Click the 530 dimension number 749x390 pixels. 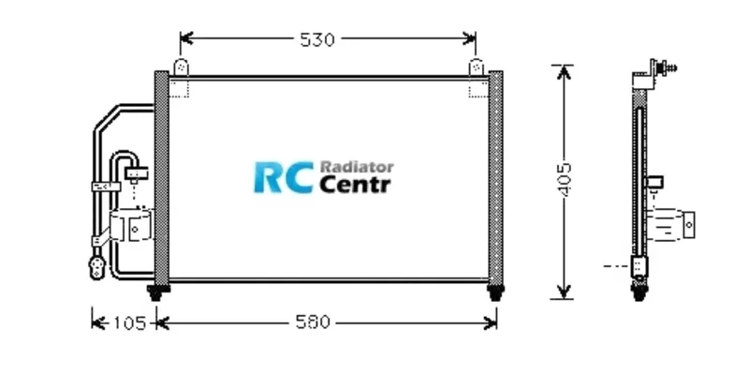tap(317, 39)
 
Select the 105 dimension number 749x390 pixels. tap(128, 322)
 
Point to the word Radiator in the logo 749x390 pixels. tap(357, 166)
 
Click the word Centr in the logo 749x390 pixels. tap(356, 185)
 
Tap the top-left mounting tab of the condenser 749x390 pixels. tap(180, 68)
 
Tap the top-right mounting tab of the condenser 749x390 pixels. tap(476, 68)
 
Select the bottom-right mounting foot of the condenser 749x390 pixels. tap(495, 292)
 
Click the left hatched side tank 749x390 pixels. tap(160, 178)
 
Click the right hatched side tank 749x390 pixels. tap(495, 178)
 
